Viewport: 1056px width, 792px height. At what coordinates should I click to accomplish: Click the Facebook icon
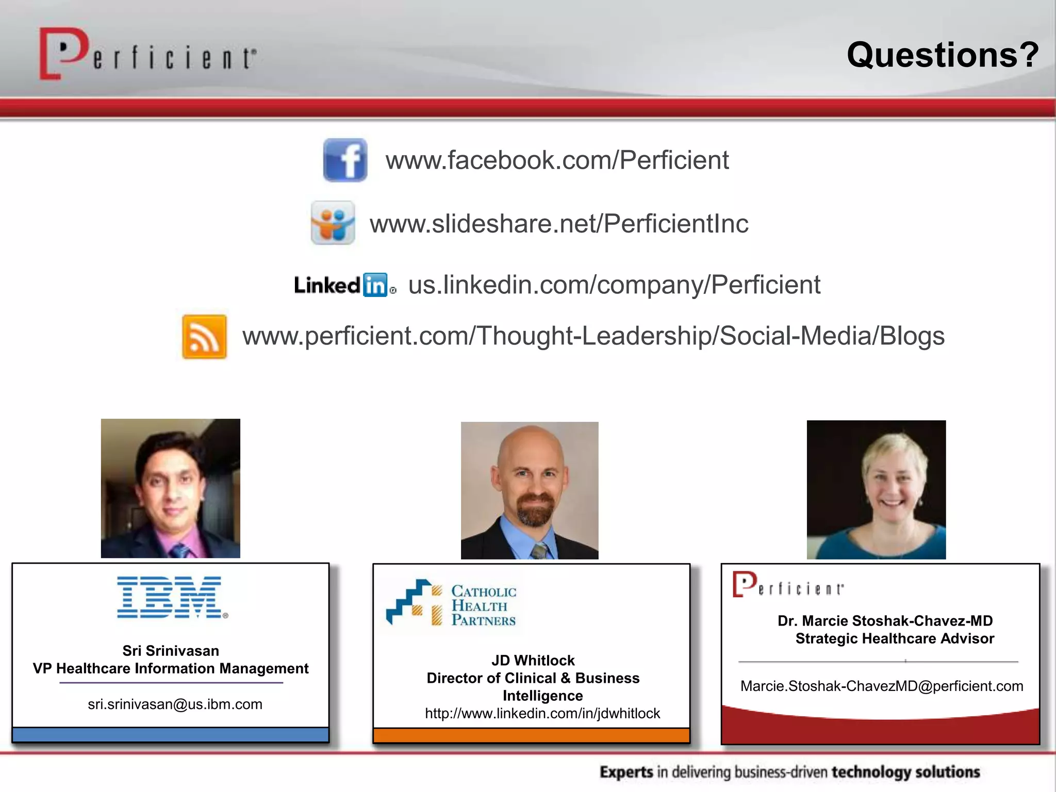(345, 160)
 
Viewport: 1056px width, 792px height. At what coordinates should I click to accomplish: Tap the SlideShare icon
(333, 223)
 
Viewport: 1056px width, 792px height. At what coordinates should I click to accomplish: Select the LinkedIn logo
(344, 285)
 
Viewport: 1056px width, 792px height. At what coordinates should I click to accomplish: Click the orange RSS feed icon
(204, 336)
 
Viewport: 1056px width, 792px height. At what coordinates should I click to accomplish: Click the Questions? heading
(943, 55)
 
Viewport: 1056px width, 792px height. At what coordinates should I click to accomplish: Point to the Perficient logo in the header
(147, 55)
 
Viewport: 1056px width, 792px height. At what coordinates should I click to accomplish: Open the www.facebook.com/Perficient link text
(557, 160)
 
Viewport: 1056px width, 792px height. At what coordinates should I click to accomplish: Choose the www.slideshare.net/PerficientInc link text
(559, 224)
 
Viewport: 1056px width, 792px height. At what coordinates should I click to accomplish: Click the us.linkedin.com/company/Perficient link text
(614, 285)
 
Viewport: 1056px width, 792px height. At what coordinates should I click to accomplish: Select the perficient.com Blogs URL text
(593, 336)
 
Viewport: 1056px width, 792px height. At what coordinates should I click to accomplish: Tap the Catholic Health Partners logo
(452, 603)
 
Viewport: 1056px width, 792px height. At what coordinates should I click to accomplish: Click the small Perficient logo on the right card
(788, 585)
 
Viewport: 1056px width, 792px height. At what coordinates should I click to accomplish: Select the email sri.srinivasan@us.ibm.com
(175, 704)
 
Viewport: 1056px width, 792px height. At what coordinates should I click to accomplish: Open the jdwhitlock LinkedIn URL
(542, 714)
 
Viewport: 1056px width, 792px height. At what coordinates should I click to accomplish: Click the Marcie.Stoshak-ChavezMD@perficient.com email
(882, 686)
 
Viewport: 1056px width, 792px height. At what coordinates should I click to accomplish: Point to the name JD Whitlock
(533, 661)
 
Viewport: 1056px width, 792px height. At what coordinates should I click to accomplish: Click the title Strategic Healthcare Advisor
(895, 638)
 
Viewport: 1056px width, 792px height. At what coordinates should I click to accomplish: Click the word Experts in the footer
(626, 772)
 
